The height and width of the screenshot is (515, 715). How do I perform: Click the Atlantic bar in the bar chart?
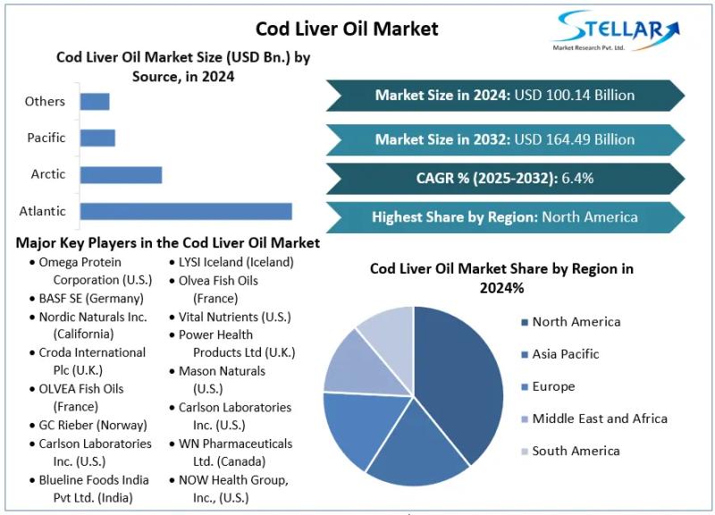[x=186, y=211]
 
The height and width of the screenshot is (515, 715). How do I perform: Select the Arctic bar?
[x=121, y=174]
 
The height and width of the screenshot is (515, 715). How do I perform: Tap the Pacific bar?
[x=97, y=138]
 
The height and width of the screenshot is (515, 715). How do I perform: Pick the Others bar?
[x=95, y=101]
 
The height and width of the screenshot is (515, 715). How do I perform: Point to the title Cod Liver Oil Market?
[x=347, y=29]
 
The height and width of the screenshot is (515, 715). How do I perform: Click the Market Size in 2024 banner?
[x=504, y=95]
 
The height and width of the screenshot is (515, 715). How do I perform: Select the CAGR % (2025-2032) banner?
[x=504, y=178]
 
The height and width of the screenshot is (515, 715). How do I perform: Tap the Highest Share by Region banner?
[x=504, y=216]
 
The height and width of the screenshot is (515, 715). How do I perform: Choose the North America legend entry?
[x=576, y=322]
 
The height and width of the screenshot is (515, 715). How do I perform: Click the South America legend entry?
[x=576, y=451]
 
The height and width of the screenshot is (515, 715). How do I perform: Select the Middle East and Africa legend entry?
[x=599, y=418]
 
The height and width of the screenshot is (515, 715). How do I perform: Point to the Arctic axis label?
[x=48, y=174]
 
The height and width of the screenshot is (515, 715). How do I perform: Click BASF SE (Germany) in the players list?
[x=91, y=298]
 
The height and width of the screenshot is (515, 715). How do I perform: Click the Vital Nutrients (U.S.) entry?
[x=234, y=317]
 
